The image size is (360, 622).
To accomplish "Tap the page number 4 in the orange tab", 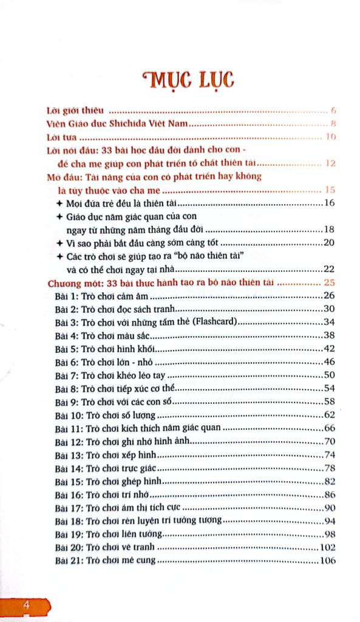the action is pos(25,605).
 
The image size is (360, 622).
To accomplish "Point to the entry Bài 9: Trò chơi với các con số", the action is pos(114,402).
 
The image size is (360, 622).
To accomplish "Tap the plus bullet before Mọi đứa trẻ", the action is pos(59,203).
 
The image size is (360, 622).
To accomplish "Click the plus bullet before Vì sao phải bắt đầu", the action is pos(59,243).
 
